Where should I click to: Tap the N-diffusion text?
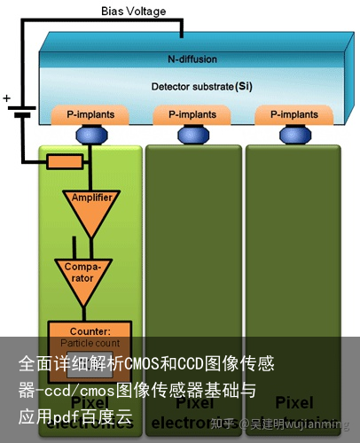192,59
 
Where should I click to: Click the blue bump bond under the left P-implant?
89,134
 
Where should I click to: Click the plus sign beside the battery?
7,98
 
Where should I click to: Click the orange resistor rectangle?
65,162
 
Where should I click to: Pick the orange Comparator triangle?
83,274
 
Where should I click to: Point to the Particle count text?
89,342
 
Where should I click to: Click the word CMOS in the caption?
141,364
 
